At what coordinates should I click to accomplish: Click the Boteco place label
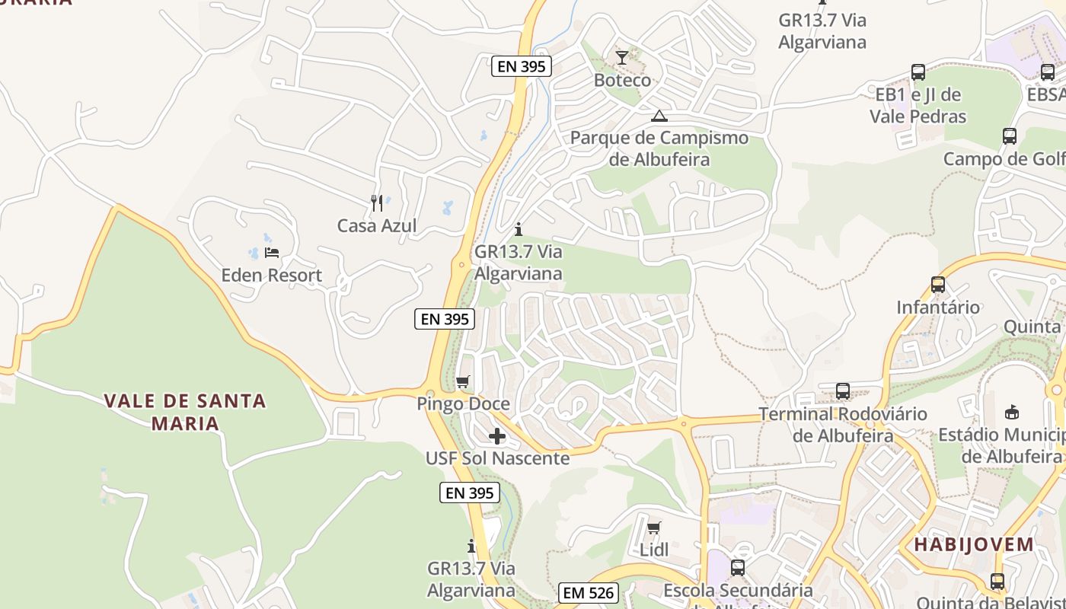coord(622,80)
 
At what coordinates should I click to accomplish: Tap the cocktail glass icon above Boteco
coord(622,58)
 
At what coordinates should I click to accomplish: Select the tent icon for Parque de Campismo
coord(659,116)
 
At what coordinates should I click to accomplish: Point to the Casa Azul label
coord(377,225)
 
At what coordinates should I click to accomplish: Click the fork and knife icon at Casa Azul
coord(377,202)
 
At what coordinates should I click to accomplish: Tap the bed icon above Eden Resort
coord(272,253)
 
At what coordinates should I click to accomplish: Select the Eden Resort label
coord(272,275)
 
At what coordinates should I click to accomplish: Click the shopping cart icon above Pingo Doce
coord(463,381)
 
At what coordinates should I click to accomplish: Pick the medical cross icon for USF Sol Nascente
coord(497,436)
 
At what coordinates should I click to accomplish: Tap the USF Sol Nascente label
coord(497,458)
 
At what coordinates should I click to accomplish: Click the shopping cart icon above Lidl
coord(653,528)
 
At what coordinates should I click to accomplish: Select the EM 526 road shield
coord(588,593)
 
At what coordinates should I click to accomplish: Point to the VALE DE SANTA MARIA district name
coord(185,412)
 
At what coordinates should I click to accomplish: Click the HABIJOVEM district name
coord(974,544)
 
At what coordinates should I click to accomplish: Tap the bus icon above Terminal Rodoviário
coord(843,391)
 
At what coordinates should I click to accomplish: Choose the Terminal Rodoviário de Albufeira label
coord(843,425)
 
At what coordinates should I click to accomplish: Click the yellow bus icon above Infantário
coord(938,285)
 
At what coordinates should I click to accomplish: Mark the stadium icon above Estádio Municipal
coord(1012,412)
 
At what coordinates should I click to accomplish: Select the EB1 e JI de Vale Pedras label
coord(918,106)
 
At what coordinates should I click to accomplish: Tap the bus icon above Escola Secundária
coord(737,568)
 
